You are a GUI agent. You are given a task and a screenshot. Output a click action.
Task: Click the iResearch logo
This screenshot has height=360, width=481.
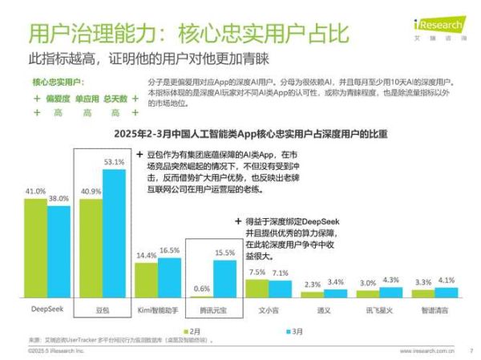(x=444, y=15)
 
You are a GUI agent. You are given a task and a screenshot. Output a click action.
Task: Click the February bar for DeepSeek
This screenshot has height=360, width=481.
(x=35, y=248)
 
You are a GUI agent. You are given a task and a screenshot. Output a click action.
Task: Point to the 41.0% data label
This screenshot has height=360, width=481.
(x=35, y=192)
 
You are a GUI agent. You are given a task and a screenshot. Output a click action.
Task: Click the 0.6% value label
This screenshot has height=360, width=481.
(x=202, y=288)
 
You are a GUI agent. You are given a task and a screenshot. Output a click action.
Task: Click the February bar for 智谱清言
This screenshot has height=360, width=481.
(x=423, y=293)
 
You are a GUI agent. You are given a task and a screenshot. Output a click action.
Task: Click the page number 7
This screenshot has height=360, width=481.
(x=471, y=350)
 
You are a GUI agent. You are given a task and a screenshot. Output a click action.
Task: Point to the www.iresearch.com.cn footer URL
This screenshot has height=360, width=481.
(x=426, y=350)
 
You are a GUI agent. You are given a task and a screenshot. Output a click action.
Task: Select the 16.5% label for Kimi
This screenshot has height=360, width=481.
(x=169, y=250)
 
